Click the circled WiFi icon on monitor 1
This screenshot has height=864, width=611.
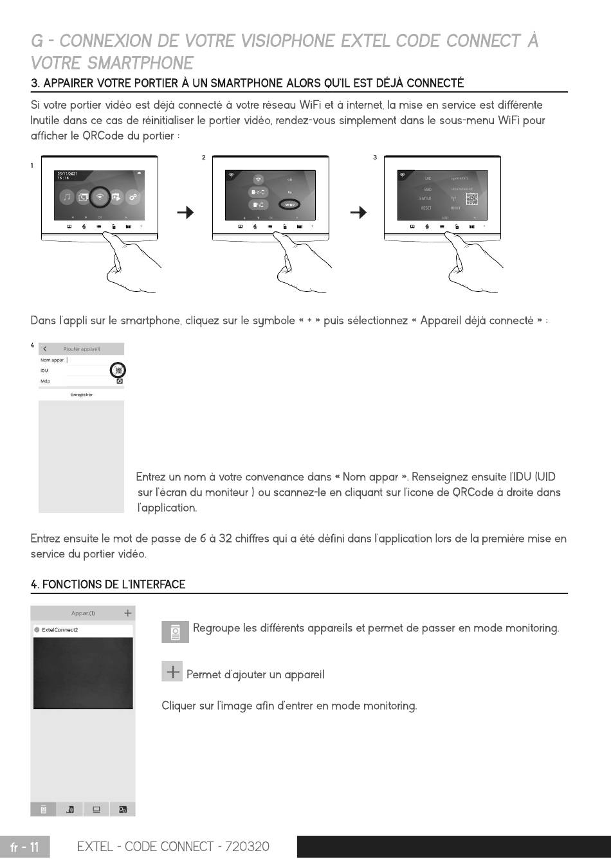tap(100, 197)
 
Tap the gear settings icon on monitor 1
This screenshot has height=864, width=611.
tap(132, 197)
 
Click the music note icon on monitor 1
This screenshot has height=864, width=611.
tap(67, 197)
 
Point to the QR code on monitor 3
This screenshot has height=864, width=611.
tap(472, 199)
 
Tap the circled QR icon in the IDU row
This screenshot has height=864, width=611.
tap(118, 370)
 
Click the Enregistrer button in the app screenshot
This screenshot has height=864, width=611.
tap(81, 395)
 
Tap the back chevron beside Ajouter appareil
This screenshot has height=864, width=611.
tap(45, 349)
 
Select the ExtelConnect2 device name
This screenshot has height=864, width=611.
tap(60, 630)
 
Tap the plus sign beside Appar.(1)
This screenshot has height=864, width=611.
tap(127, 613)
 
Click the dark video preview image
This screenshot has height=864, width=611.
tap(83, 673)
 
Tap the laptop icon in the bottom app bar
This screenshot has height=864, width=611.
tap(96, 809)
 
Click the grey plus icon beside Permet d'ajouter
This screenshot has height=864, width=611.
tap(172, 672)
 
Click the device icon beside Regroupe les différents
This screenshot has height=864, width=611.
tap(175, 633)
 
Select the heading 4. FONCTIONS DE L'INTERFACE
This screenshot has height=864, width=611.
tap(108, 584)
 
